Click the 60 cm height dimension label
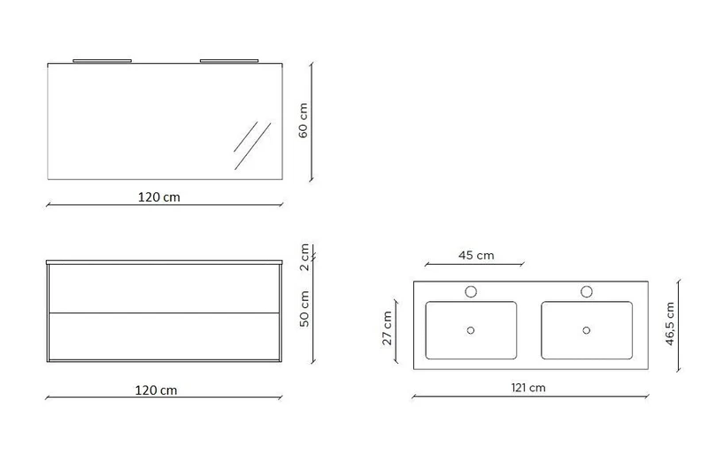point(303,120)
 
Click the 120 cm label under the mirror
point(159,197)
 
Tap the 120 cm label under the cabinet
point(157,390)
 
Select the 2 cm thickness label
point(304,257)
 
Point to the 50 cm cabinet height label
point(304,309)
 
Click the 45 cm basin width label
point(476,256)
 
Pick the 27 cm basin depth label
point(387,328)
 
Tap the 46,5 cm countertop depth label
point(670,324)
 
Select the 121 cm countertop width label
point(528,388)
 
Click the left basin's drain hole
point(471,330)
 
